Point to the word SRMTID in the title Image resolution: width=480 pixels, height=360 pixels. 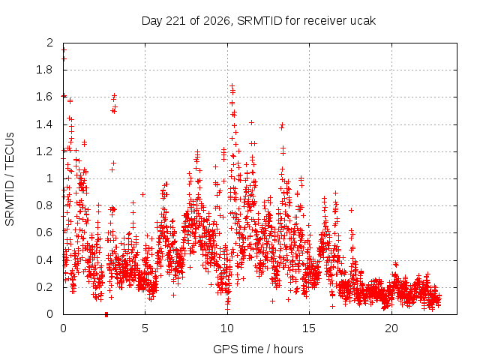point(259,21)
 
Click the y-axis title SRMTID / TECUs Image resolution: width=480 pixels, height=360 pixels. point(10,179)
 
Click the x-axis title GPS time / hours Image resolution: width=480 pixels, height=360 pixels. point(258,349)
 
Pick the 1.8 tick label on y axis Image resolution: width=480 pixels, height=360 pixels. point(44,70)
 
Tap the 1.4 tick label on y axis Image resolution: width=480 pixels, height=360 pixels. point(44,124)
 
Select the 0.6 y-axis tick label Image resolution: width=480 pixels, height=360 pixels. point(44,232)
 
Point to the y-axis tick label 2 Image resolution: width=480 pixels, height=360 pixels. point(50,43)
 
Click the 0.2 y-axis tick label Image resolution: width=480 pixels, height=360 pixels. point(44,286)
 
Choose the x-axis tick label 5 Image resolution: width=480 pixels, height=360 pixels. point(145,328)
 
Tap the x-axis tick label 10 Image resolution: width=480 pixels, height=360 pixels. point(227,328)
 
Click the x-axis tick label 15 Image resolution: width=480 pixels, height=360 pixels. point(309,328)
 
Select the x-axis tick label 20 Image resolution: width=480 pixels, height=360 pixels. point(391,328)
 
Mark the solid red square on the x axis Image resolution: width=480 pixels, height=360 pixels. point(106,314)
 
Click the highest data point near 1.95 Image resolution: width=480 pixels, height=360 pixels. point(64,50)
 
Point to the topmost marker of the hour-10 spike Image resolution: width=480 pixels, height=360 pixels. point(232,86)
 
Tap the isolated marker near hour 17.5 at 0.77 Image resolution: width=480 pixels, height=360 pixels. point(352,210)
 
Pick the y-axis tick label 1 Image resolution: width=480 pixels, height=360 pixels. point(50,178)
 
